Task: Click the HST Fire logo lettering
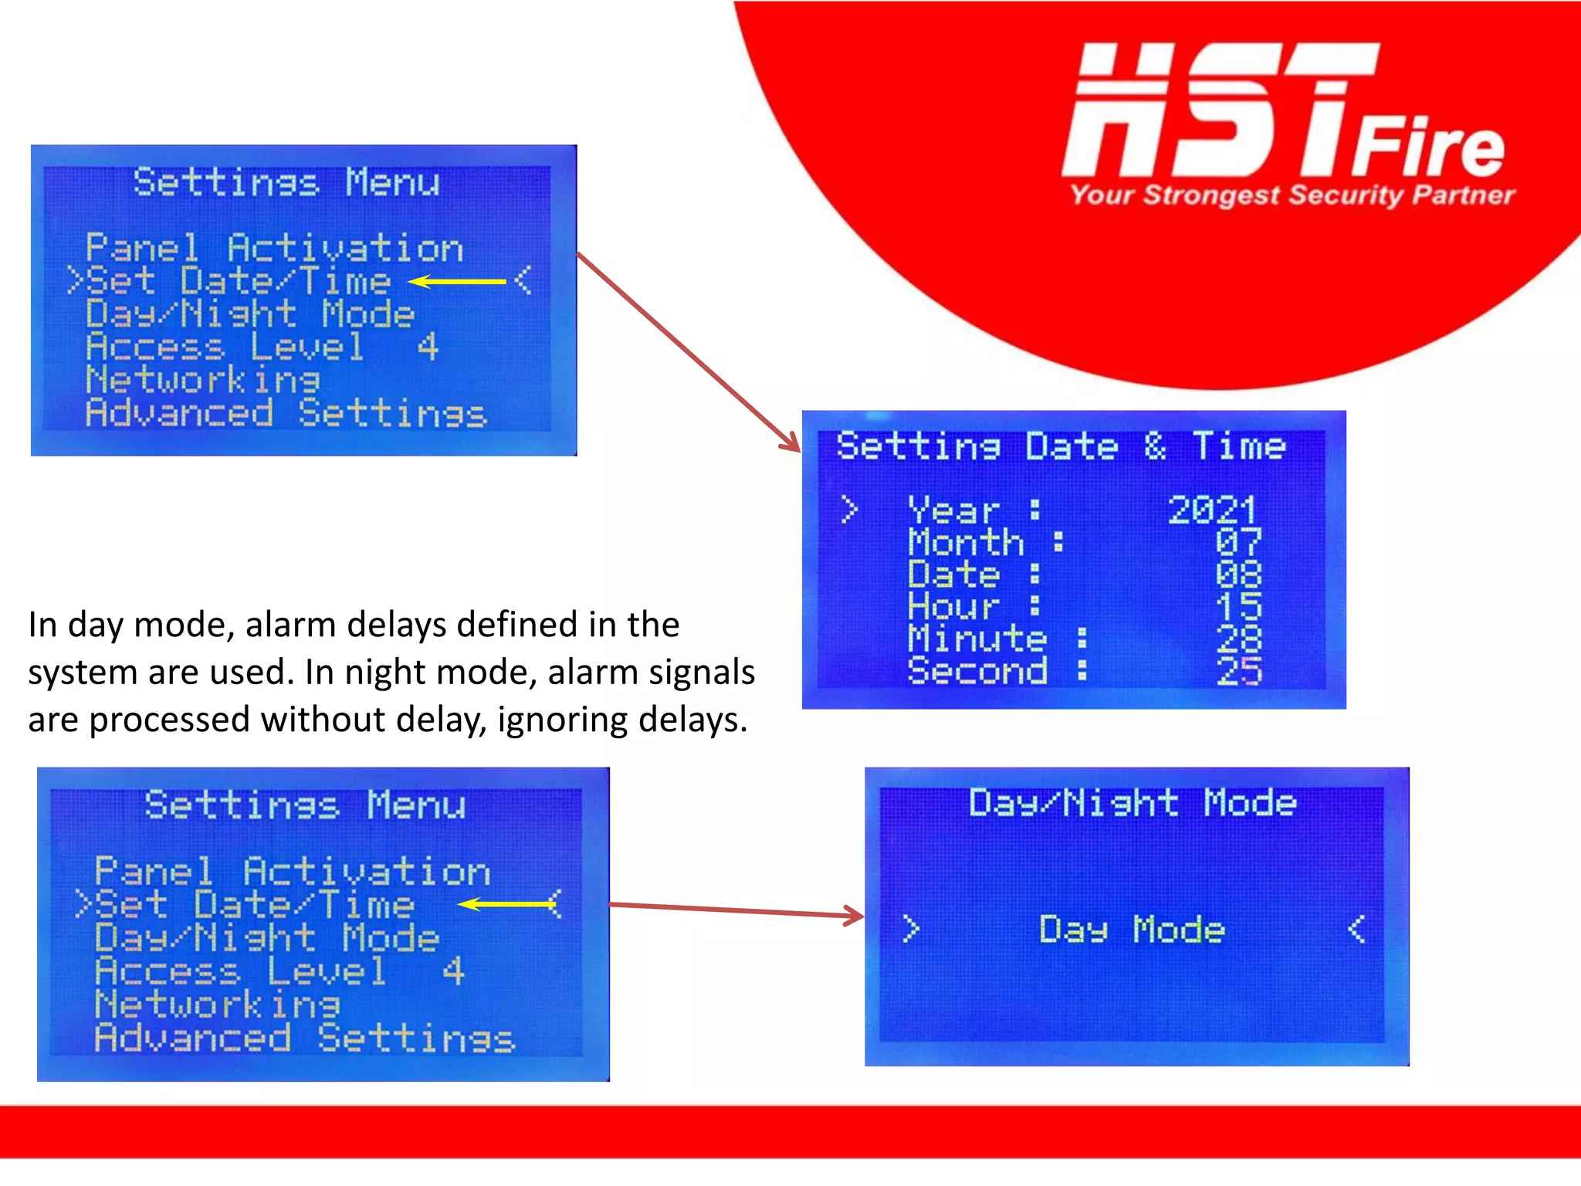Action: pos(1281,112)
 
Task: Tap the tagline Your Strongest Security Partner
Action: pos(1292,195)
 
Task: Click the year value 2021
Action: pos(1212,510)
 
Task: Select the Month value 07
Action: pos(1237,542)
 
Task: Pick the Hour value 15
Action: pos(1237,606)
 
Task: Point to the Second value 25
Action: pos(1237,671)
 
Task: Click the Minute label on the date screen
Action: pos(977,639)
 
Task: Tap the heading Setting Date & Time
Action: pos(1061,446)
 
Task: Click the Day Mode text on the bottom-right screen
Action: pos(1132,929)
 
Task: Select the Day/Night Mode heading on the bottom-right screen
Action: pos(1132,803)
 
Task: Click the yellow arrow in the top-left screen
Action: pos(456,282)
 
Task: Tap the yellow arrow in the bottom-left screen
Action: pos(506,903)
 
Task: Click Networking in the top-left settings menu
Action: pos(203,380)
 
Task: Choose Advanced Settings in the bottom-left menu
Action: pos(304,1038)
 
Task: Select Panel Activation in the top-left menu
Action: pos(274,248)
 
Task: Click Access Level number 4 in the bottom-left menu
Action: pos(453,971)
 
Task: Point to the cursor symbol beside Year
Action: pos(849,510)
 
